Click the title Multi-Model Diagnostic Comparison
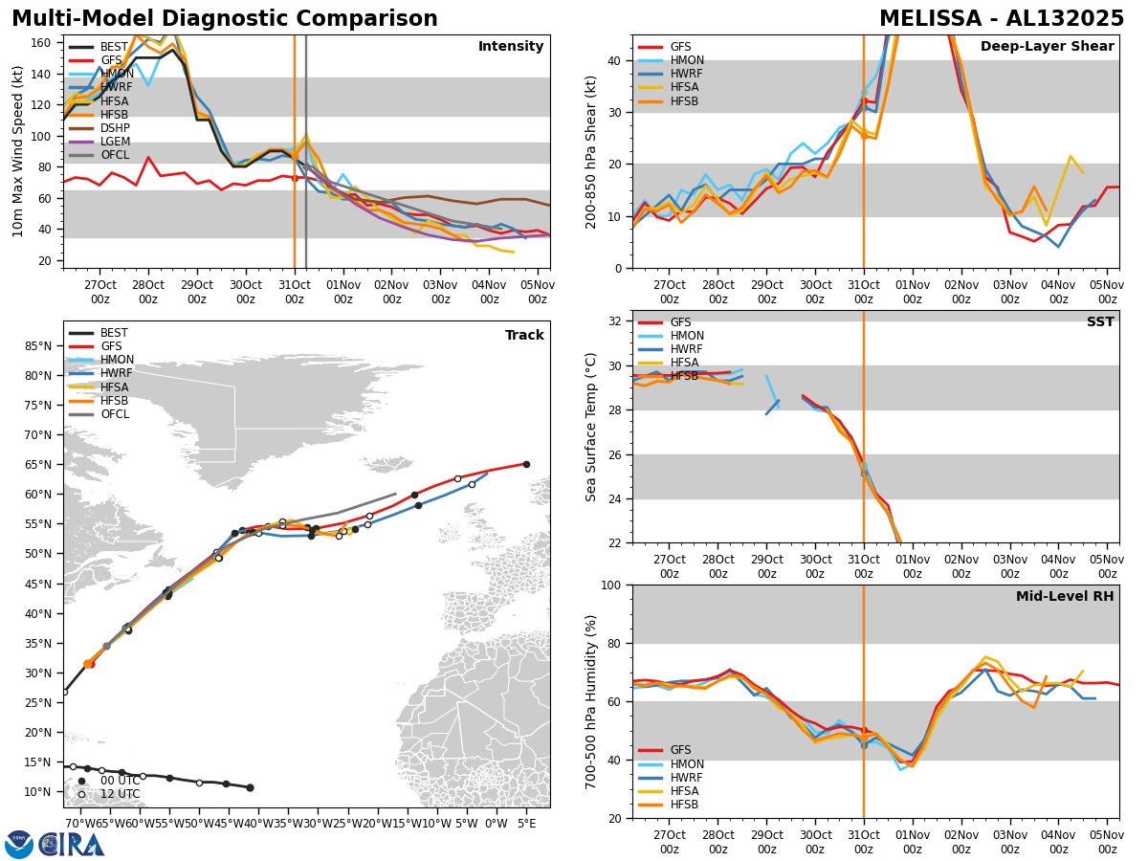(x=225, y=19)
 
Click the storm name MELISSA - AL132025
(x=1002, y=19)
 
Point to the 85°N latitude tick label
(x=38, y=345)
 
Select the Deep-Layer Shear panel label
(x=1047, y=47)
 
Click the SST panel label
(x=1100, y=322)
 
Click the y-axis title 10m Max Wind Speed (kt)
(x=18, y=151)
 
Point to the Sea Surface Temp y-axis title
(x=592, y=427)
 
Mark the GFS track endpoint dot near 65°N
(x=526, y=464)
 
